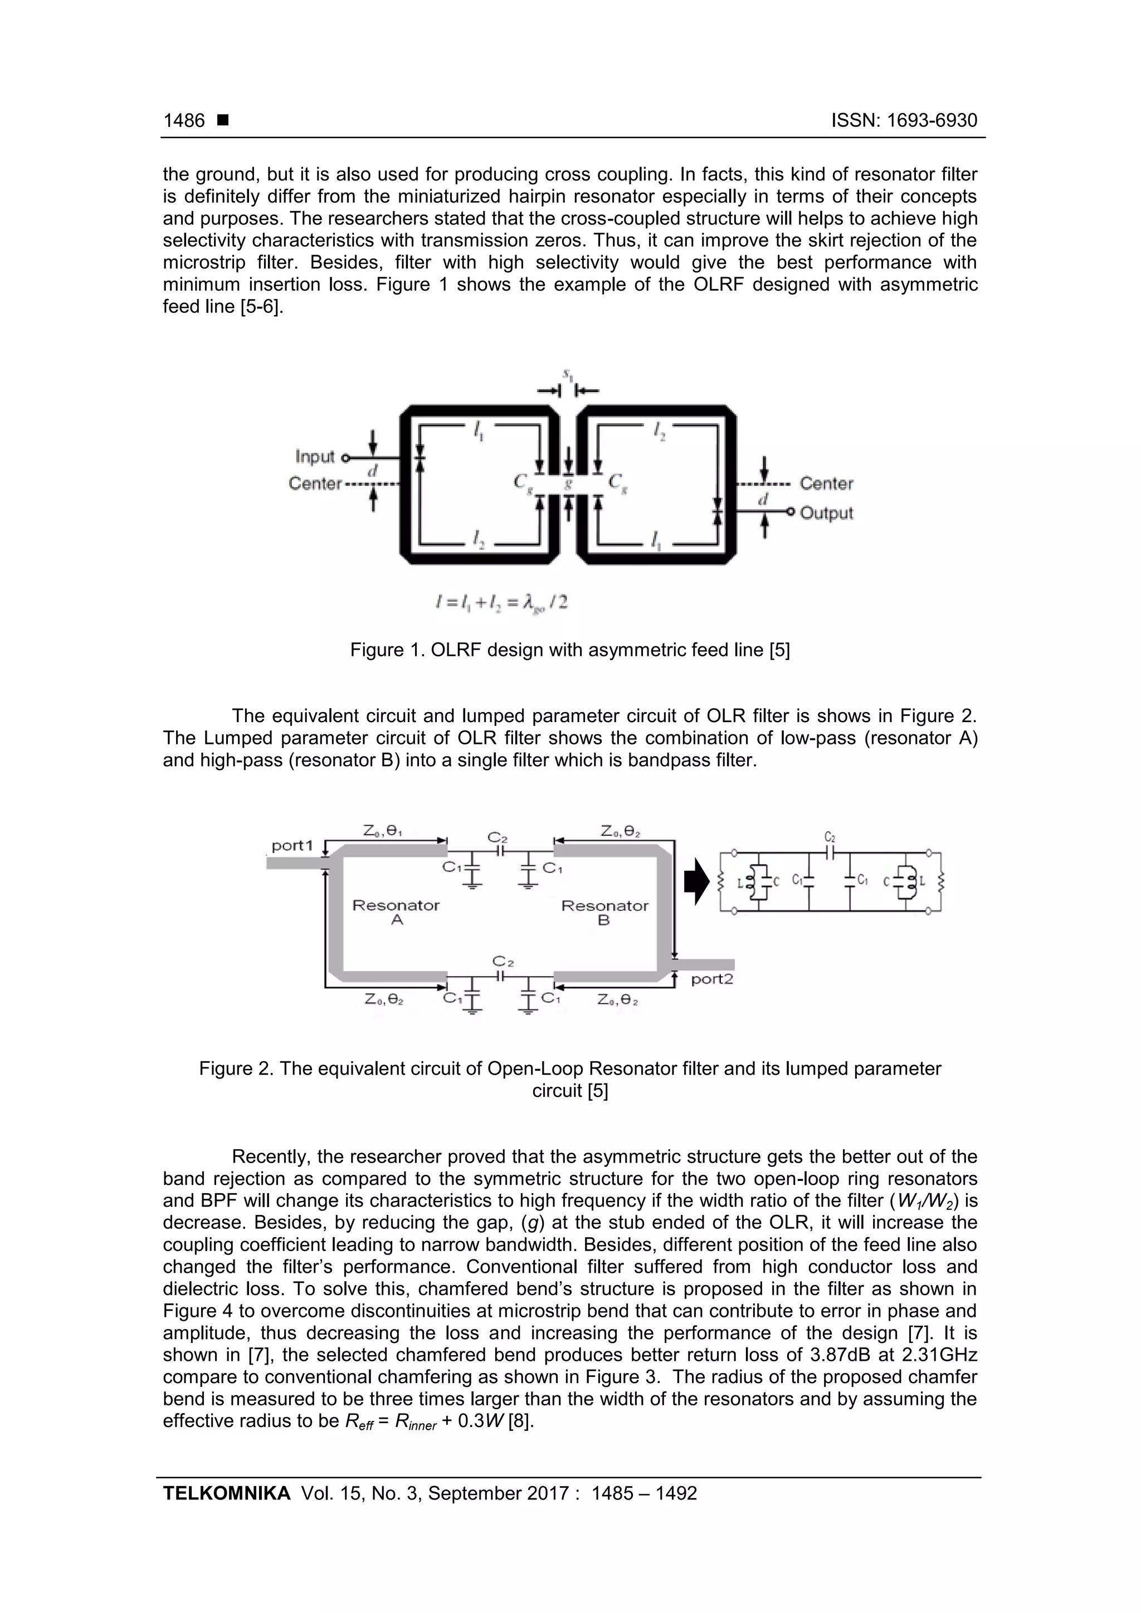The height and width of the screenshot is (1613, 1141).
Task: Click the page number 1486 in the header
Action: [x=184, y=121]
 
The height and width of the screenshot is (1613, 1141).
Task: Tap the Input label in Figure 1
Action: [x=314, y=457]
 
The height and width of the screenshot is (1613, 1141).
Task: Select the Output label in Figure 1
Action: [x=826, y=513]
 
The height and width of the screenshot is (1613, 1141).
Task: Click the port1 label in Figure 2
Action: [x=292, y=845]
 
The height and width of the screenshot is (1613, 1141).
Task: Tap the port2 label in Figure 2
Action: [x=711, y=979]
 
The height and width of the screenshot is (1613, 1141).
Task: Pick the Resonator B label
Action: [x=604, y=912]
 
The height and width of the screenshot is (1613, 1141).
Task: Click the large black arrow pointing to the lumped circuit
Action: [x=697, y=883]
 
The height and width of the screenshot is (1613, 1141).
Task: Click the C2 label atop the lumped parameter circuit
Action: [x=830, y=837]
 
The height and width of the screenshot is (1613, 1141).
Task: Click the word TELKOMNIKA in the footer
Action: [x=226, y=1493]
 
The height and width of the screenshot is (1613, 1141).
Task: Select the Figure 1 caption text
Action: [x=570, y=650]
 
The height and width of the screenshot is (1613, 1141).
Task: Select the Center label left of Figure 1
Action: [x=314, y=484]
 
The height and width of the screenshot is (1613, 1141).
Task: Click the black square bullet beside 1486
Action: [x=223, y=121]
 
